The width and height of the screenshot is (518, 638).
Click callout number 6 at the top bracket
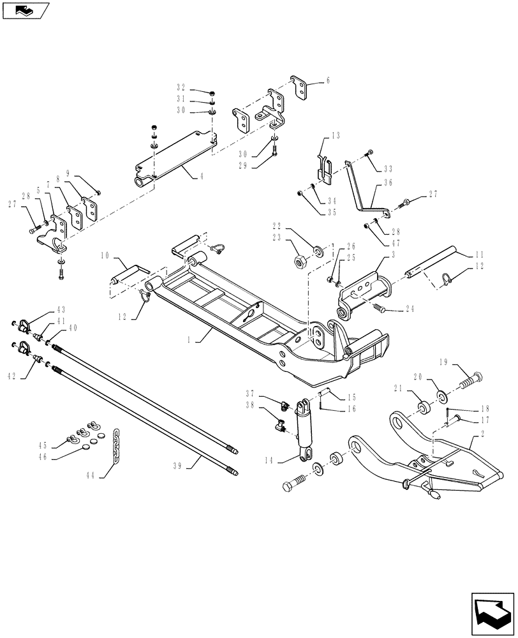(329, 81)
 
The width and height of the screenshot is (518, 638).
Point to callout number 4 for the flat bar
(202, 175)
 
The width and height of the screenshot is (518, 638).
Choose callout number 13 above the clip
(336, 136)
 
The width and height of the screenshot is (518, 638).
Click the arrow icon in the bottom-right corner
(492, 611)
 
